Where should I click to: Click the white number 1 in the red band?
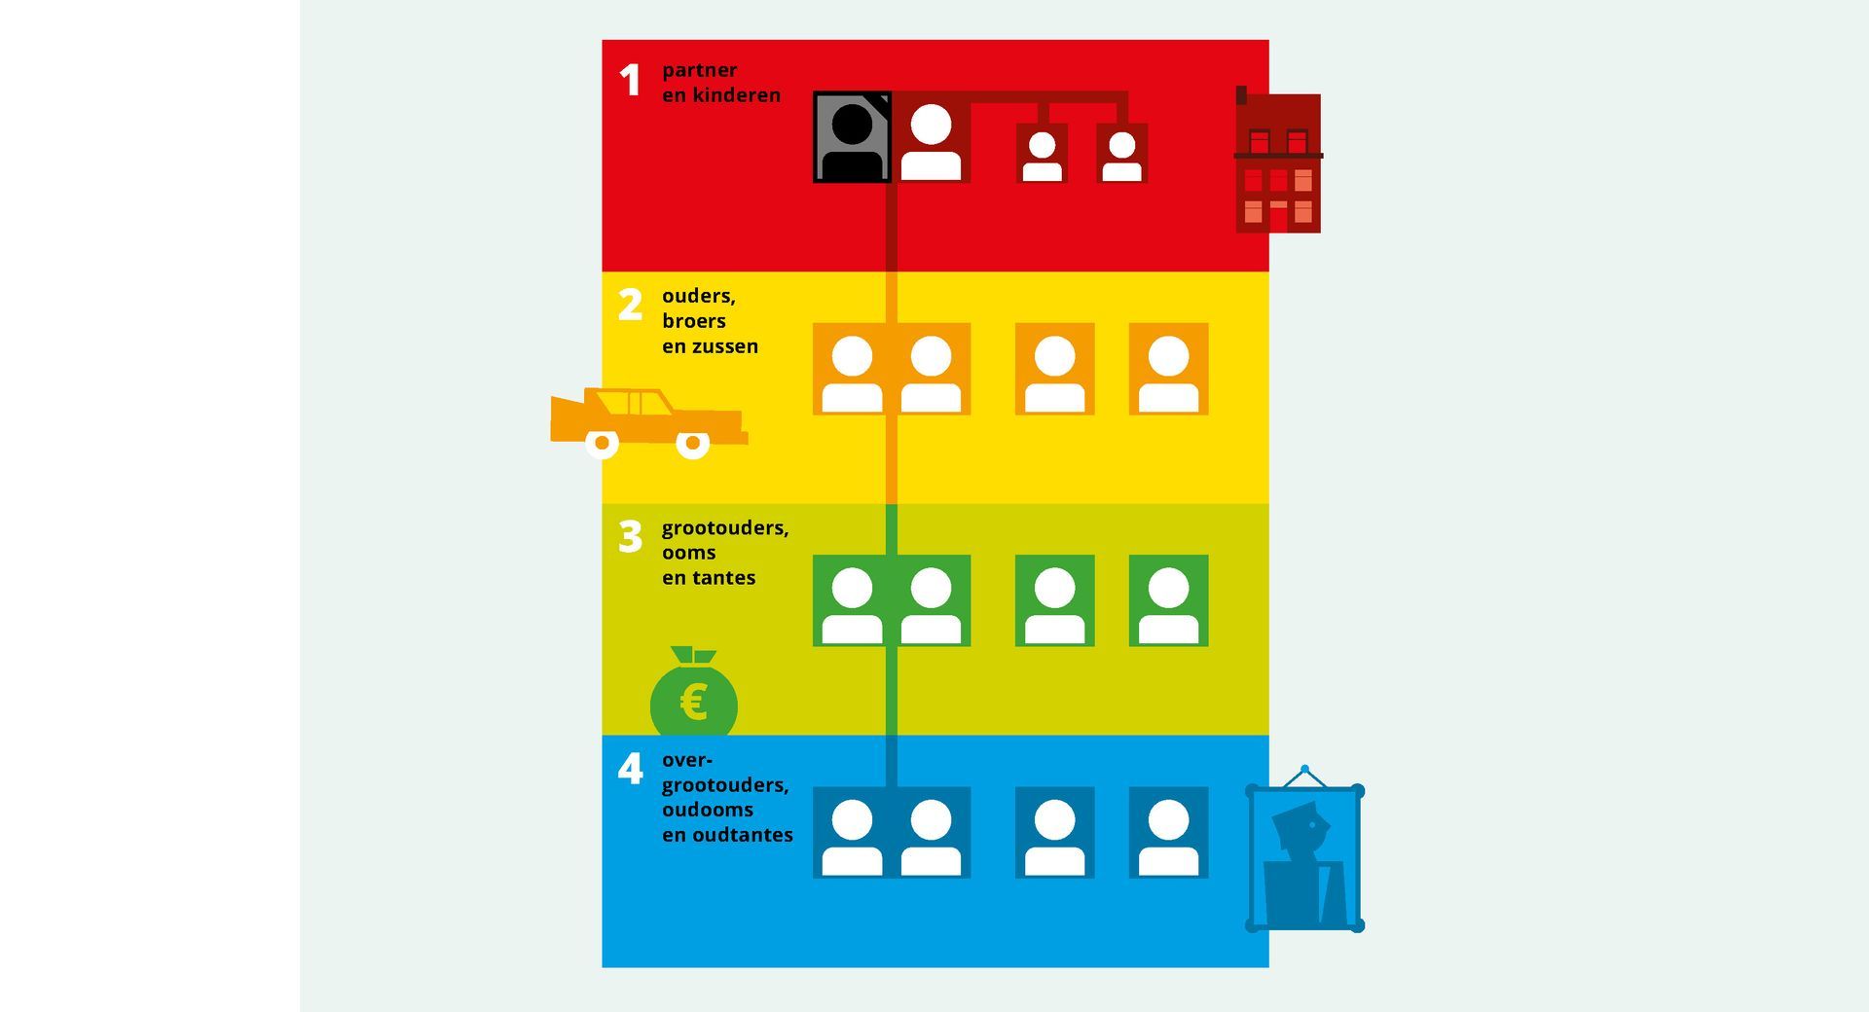tap(631, 80)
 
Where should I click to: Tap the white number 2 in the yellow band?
tap(631, 305)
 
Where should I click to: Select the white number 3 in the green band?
tap(631, 536)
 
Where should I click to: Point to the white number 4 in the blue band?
tap(631, 769)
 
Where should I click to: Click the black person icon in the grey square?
tap(853, 142)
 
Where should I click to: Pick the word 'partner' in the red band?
tap(699, 70)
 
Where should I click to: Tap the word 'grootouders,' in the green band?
tap(725, 528)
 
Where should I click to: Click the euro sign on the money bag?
tap(693, 701)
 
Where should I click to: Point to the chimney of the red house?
tap(1241, 95)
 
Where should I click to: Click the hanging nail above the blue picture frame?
tap(1304, 770)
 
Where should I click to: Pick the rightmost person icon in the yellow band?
tap(1168, 369)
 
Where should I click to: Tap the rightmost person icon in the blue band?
tap(1168, 833)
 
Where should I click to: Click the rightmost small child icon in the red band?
tap(1121, 154)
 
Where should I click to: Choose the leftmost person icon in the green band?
tap(852, 600)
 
